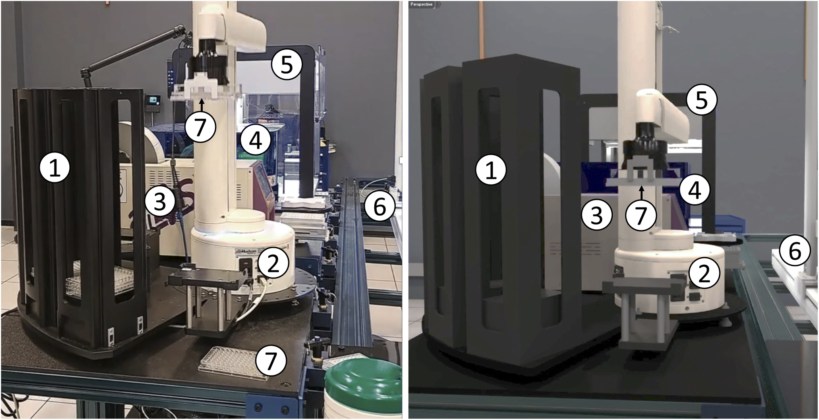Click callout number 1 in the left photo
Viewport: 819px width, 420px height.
(55, 168)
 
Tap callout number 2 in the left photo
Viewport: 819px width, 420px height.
(273, 263)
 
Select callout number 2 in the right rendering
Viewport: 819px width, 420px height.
(704, 274)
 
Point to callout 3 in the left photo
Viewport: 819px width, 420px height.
(160, 201)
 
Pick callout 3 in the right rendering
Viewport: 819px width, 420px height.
(597, 215)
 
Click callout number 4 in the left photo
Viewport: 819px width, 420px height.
(256, 140)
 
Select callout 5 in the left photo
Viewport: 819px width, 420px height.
(286, 64)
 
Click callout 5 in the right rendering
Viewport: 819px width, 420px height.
(702, 100)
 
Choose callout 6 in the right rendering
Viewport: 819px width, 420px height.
(794, 251)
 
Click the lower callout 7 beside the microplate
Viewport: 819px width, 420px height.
(271, 360)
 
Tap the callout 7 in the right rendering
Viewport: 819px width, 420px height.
(641, 215)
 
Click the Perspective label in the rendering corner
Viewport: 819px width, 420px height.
(421, 4)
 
